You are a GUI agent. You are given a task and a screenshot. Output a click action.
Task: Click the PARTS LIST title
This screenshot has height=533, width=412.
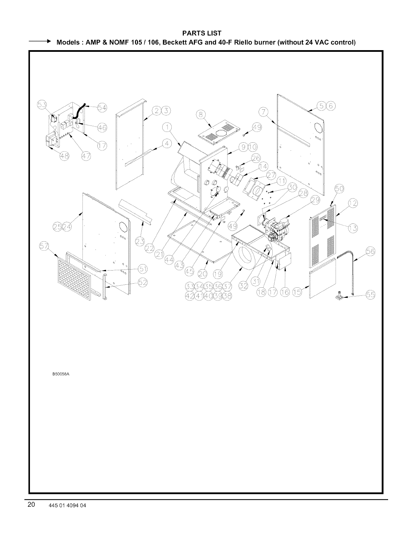[x=201, y=33]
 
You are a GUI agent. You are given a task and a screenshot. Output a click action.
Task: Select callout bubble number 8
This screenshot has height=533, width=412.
[x=201, y=114]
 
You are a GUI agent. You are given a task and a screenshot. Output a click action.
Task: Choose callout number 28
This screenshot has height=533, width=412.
[x=303, y=193]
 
